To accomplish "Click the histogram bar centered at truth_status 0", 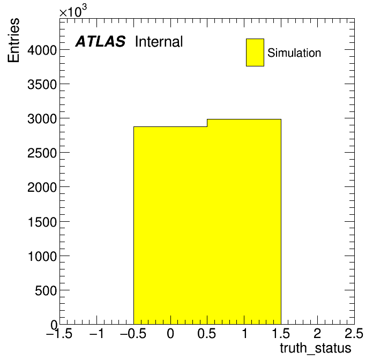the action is click(x=170, y=226).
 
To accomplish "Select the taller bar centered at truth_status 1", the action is click(x=244, y=222).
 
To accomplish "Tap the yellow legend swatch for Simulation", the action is click(x=255, y=52).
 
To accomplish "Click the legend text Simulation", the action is click(x=294, y=53).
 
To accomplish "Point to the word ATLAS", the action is click(x=100, y=42).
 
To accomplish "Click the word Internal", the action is click(x=159, y=42).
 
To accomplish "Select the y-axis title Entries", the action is click(x=13, y=40).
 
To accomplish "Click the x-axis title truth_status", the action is click(x=316, y=349).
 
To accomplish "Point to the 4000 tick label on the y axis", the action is click(x=42, y=50).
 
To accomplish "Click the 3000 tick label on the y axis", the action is click(x=42, y=119).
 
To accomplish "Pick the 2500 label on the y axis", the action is click(x=42, y=153).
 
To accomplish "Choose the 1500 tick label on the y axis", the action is click(x=42, y=222).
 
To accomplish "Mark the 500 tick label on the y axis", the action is click(x=46, y=290).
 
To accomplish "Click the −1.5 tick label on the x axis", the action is click(x=59, y=334).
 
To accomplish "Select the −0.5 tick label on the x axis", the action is click(x=133, y=334).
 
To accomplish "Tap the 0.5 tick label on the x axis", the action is click(x=207, y=334).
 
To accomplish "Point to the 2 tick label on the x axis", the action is click(x=317, y=334).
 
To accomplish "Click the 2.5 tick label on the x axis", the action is click(x=354, y=334).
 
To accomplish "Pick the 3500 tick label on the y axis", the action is click(x=42, y=85).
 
